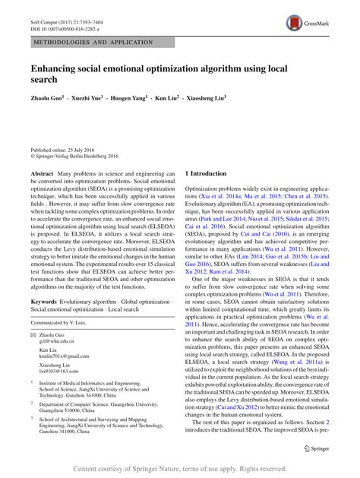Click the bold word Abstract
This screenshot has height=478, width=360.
[42, 174]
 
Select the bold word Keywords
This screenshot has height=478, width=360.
[46, 302]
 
